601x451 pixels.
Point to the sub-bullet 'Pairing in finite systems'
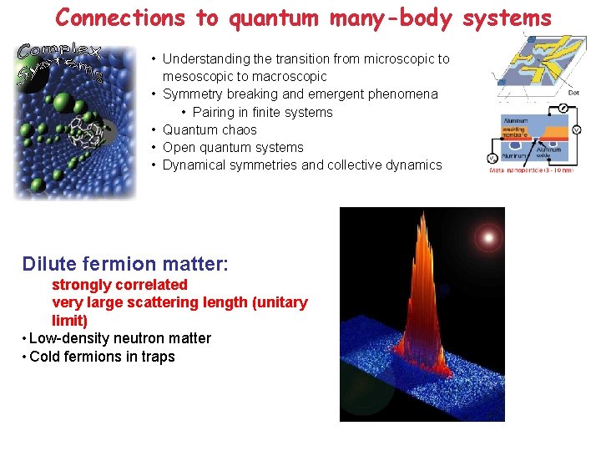262,112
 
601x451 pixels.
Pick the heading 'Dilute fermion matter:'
125,264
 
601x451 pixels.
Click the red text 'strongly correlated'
119,285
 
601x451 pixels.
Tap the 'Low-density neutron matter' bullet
119,338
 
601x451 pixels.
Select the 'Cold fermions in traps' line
102,357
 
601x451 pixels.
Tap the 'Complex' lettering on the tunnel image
58,51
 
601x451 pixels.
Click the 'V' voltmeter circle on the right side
576,130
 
